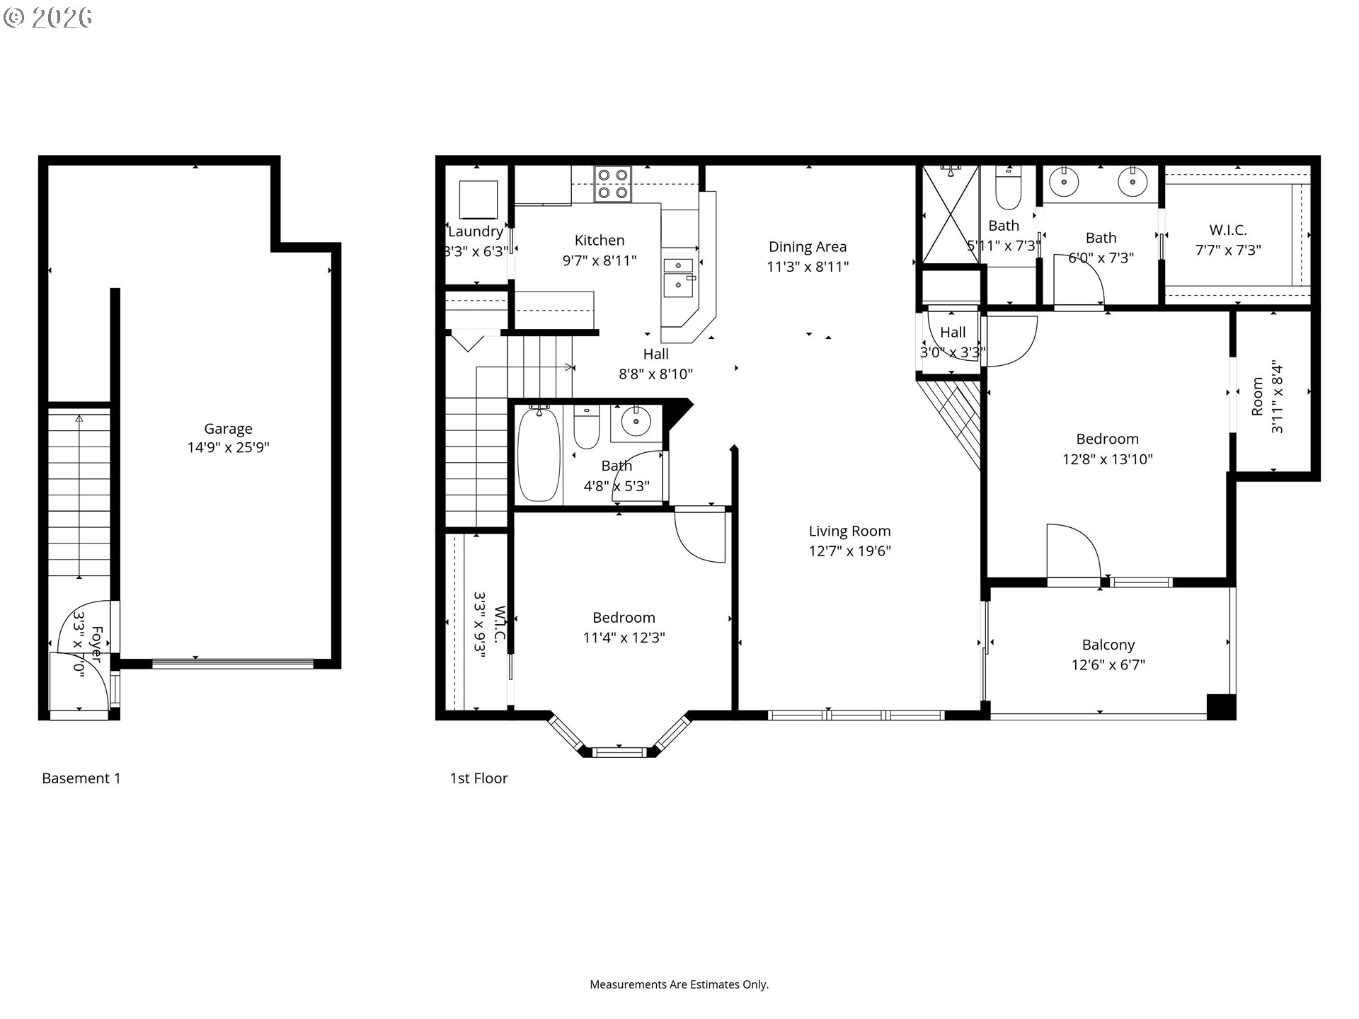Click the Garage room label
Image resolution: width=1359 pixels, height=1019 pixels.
[x=228, y=429]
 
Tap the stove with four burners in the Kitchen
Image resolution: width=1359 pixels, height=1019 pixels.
[x=612, y=183]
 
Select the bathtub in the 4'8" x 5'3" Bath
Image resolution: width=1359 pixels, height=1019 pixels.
[x=539, y=454]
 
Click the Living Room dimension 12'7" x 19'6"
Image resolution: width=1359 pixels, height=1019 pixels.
[x=849, y=551]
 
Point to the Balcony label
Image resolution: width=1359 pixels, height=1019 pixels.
[x=1108, y=645]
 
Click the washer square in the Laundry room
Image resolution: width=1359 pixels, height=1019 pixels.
[x=478, y=200]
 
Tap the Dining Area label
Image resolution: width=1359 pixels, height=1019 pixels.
[x=808, y=247]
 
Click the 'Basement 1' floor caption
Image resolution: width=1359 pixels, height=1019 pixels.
[x=81, y=778]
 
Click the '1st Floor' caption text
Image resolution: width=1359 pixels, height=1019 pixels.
[x=479, y=778]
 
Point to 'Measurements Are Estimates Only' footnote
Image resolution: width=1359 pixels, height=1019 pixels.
[x=679, y=984]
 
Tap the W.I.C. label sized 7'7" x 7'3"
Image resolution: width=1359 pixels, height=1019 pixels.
[x=1228, y=230]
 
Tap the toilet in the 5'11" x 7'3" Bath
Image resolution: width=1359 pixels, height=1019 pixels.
[x=1008, y=188]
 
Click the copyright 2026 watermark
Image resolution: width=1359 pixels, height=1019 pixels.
[x=48, y=18]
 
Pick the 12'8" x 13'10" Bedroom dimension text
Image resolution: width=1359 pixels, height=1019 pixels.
[x=1107, y=459]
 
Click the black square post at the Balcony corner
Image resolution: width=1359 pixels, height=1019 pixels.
[x=1220, y=707]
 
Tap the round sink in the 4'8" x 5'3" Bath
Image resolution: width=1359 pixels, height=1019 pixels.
[x=636, y=422]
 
